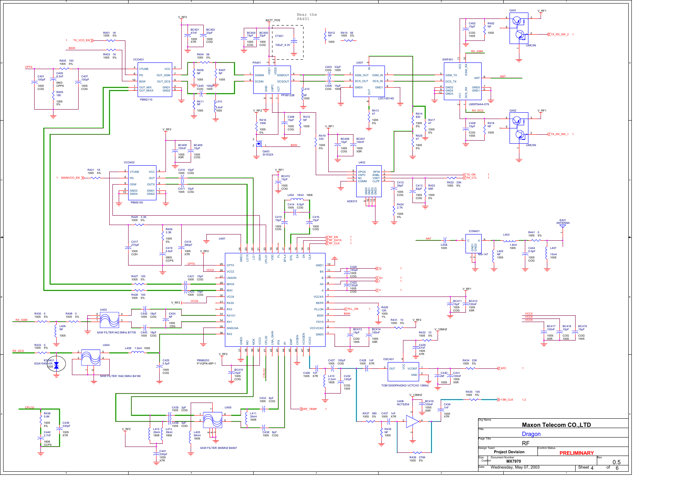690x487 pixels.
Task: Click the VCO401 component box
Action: tap(154, 80)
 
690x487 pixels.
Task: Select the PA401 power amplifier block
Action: tap(272, 80)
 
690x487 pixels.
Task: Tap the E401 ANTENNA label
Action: tap(563, 222)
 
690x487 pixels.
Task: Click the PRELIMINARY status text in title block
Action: tap(576, 453)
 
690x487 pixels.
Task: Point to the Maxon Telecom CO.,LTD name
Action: tap(556, 425)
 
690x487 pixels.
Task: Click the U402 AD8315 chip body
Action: tap(368, 181)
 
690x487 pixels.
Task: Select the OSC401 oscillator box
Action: tap(403, 372)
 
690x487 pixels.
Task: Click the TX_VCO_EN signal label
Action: tap(81, 40)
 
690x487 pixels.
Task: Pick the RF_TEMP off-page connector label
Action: tap(310, 409)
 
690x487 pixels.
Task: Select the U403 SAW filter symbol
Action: tap(109, 320)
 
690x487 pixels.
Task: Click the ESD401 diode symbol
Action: tap(56, 365)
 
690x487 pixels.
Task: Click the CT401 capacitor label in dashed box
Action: tap(279, 36)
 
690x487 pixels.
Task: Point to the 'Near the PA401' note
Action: tap(307, 16)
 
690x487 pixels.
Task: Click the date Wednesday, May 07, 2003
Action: tap(515, 467)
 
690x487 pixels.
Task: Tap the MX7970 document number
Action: tap(513, 461)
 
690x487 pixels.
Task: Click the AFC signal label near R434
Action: tap(503, 368)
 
